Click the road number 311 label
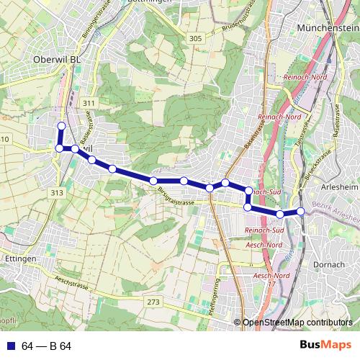pyautogui.click(x=88, y=104)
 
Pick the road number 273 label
pyautogui.click(x=153, y=302)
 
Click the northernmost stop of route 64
pyautogui.click(x=61, y=126)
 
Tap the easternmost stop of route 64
pyautogui.click(x=301, y=211)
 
